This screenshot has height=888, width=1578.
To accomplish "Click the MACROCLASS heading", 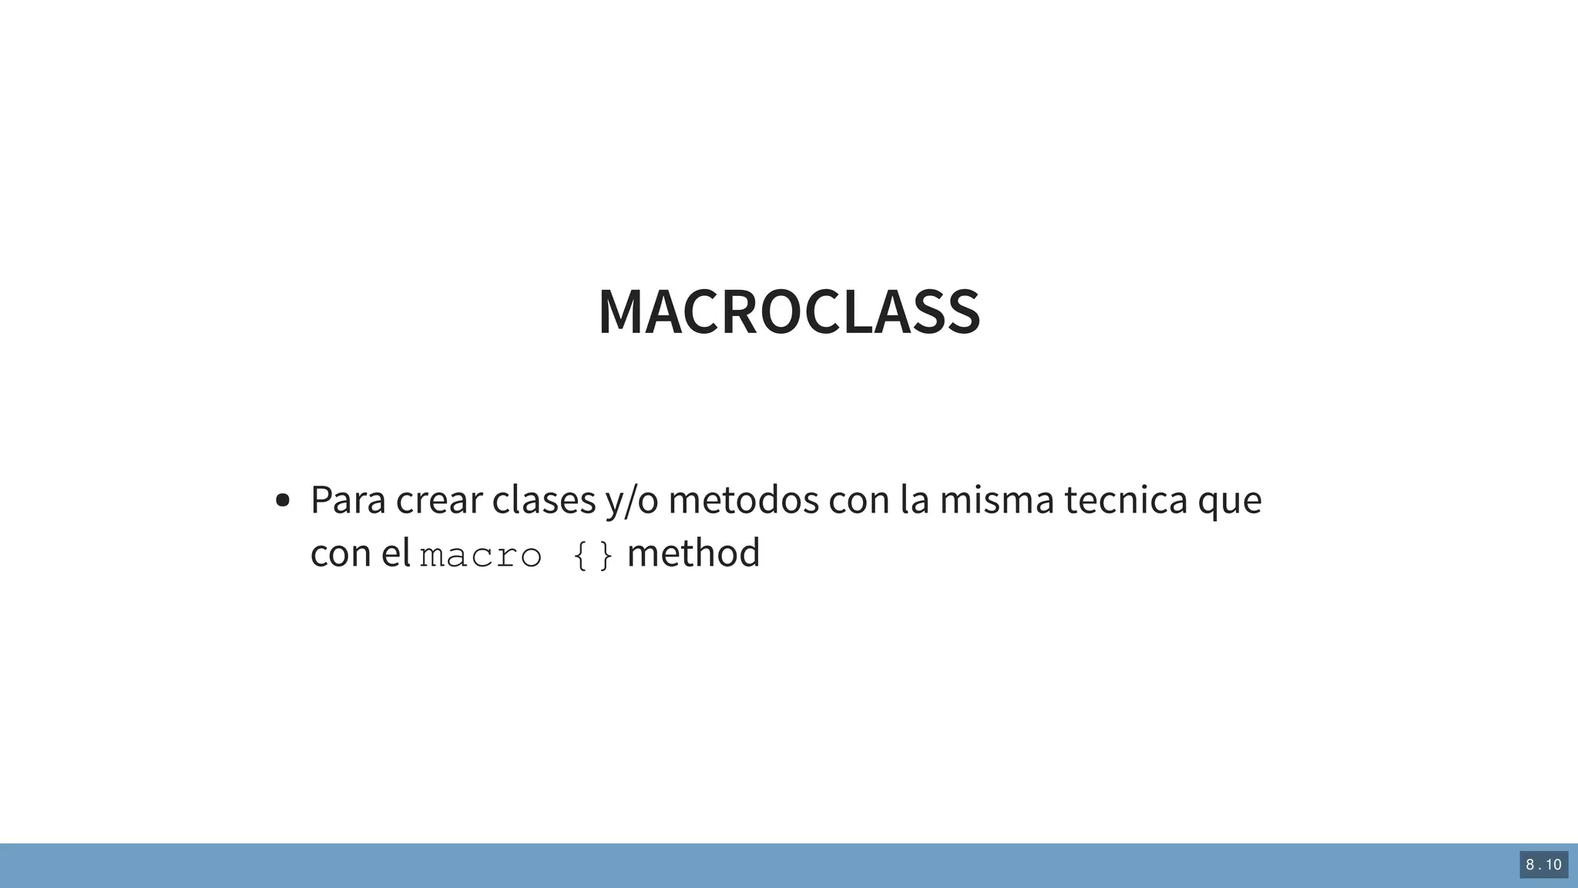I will pos(789,312).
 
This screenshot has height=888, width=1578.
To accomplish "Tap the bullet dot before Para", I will pos(282,501).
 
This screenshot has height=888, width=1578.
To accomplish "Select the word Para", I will pos(347,499).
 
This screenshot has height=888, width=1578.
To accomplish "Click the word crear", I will pos(438,499).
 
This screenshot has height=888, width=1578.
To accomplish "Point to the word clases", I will pos(543,499).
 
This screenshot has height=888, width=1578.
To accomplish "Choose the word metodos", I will pos(743,499).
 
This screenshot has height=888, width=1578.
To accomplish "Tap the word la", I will pos(915,499).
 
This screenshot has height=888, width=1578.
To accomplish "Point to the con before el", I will pos(341,553).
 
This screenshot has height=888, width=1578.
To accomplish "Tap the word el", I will pos(396,553).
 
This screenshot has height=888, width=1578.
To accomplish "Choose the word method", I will pos(693,553).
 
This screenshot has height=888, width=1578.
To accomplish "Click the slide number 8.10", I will pos(1543,865).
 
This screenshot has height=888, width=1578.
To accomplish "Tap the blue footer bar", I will pos(693,866).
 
